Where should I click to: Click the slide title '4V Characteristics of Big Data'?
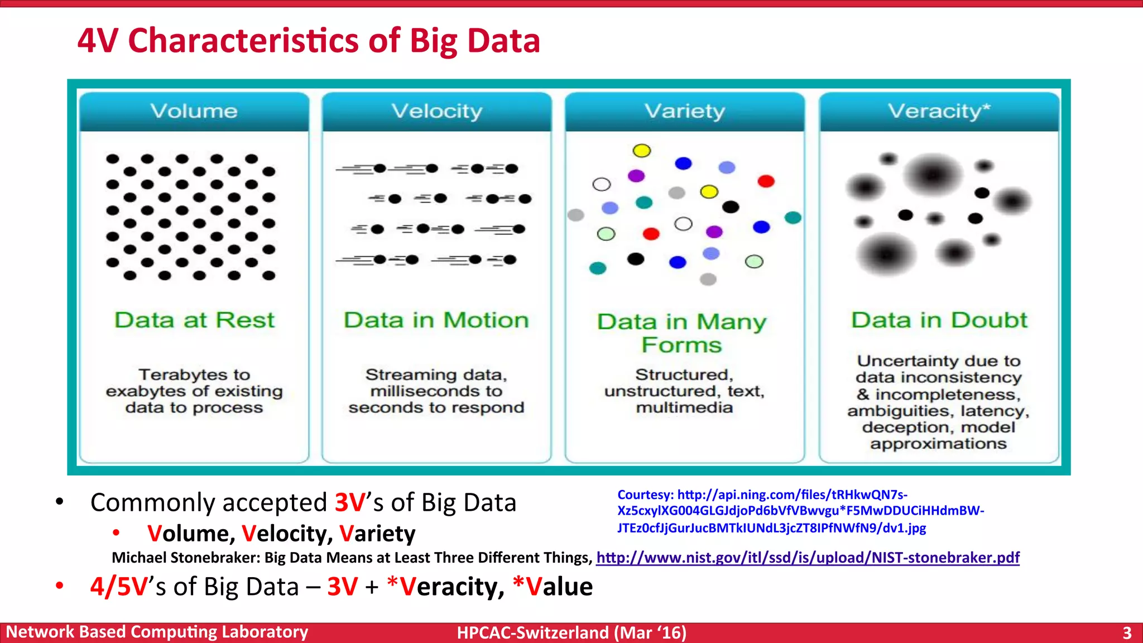[x=309, y=41]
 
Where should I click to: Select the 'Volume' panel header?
[x=194, y=111]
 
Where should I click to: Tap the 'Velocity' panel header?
[x=436, y=111]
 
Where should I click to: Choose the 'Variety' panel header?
[x=684, y=111]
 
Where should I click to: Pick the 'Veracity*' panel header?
[x=939, y=111]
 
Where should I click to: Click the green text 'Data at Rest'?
[x=194, y=320]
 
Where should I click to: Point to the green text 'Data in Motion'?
[x=436, y=320]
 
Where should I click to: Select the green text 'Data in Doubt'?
[x=939, y=320]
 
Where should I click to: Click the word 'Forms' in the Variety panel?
[x=681, y=345]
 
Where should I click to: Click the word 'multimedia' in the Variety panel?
[x=684, y=408]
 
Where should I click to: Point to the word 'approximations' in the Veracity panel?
[x=938, y=444]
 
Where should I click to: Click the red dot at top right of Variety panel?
[x=766, y=181]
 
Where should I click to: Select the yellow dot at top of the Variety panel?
[x=642, y=151]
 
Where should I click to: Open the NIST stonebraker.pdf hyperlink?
[x=808, y=558]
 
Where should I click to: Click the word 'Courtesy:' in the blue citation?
[x=645, y=495]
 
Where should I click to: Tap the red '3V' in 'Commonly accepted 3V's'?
[x=350, y=502]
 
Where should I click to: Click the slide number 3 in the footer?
[x=1127, y=633]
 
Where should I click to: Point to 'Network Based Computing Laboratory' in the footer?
[x=157, y=632]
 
